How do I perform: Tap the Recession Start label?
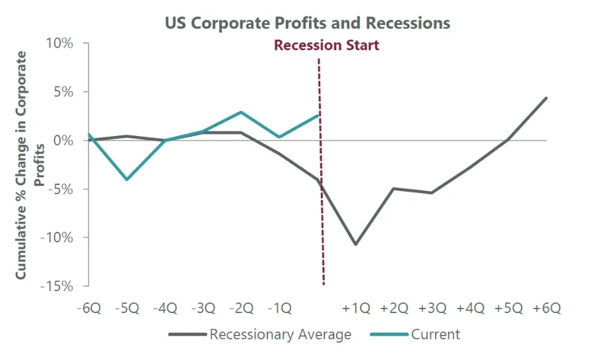pos(327,46)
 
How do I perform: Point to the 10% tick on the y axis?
pos(59,44)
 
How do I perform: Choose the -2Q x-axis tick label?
pos(241,308)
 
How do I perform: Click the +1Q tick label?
pos(356,308)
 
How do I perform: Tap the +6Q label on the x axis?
pos(547,308)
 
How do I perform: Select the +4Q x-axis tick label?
pos(470,308)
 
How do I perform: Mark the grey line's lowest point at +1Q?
pos(356,244)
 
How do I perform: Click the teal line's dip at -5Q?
pos(127,179)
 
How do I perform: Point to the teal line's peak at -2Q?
pos(241,112)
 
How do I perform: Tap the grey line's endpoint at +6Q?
pos(547,98)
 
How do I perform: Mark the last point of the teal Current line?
pos(319,115)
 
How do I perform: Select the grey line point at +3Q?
pos(432,193)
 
